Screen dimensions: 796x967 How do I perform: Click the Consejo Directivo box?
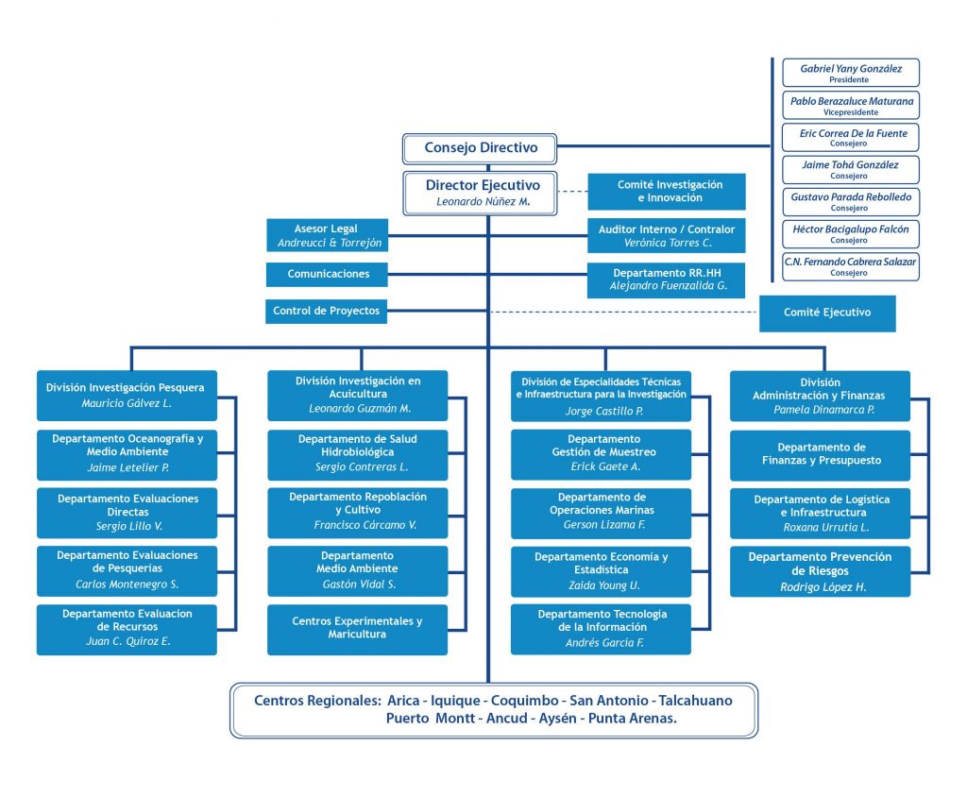coord(480,148)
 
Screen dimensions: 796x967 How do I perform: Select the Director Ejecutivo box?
coord(483,193)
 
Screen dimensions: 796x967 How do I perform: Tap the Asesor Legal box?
coord(326,235)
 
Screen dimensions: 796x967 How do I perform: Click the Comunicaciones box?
coord(326,275)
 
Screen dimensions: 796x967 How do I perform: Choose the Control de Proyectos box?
coord(326,311)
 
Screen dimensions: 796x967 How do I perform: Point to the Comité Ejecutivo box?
coord(827,313)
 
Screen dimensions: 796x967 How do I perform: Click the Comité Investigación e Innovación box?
coord(667,192)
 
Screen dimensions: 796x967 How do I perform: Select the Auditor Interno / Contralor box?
coord(667,236)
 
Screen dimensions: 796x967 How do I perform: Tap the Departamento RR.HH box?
coord(667,279)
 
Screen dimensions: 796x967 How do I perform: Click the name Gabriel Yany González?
coord(851,69)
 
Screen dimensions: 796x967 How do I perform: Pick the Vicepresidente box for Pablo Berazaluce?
coord(851,105)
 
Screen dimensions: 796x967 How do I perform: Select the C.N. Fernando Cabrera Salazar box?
coord(851,265)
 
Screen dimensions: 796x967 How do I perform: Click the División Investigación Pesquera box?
coord(127,396)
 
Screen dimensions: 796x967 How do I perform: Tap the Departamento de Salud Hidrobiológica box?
coord(357,453)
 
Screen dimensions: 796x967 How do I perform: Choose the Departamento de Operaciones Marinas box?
coord(602,511)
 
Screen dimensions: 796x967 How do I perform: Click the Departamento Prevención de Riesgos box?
coord(820,571)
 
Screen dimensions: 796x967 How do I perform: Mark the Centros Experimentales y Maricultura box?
coord(357,629)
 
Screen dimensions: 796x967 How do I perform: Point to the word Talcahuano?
coord(695,701)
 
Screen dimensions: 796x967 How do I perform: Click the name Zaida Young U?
coord(602,585)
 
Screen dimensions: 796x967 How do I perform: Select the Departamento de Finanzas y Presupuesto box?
coord(820,454)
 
